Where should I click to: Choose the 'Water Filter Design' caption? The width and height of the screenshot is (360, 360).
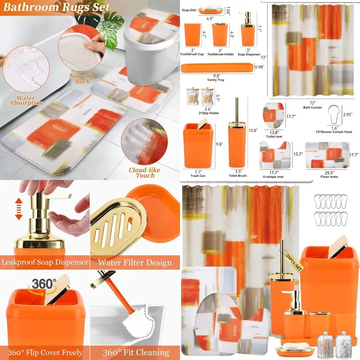point(135,262)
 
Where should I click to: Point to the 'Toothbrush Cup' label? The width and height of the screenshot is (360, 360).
point(192,54)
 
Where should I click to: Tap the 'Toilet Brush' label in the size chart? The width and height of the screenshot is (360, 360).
point(237,176)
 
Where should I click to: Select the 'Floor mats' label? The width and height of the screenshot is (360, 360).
point(329,177)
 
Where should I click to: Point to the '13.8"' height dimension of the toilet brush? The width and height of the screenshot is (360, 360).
point(253,131)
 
